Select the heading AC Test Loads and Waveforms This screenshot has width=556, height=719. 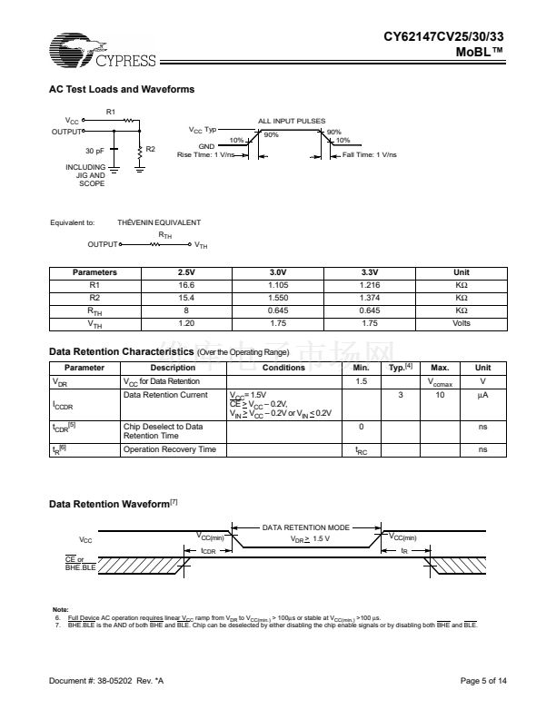(x=121, y=89)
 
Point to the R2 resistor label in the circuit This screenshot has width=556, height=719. (x=151, y=149)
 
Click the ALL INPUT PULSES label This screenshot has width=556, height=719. (x=291, y=121)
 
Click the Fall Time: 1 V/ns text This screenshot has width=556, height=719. (x=370, y=155)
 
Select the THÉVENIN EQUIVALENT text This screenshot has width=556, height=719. (x=159, y=222)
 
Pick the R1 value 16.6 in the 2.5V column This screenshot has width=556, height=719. (x=186, y=285)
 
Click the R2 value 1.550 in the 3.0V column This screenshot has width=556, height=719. (x=278, y=298)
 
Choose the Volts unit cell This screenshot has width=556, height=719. (x=461, y=323)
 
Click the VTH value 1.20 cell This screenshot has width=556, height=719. (x=186, y=323)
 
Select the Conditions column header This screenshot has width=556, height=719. (x=283, y=368)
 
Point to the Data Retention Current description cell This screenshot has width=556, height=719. (x=160, y=395)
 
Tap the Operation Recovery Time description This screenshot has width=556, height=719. (x=170, y=449)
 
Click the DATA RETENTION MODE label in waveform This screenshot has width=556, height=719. (x=306, y=527)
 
